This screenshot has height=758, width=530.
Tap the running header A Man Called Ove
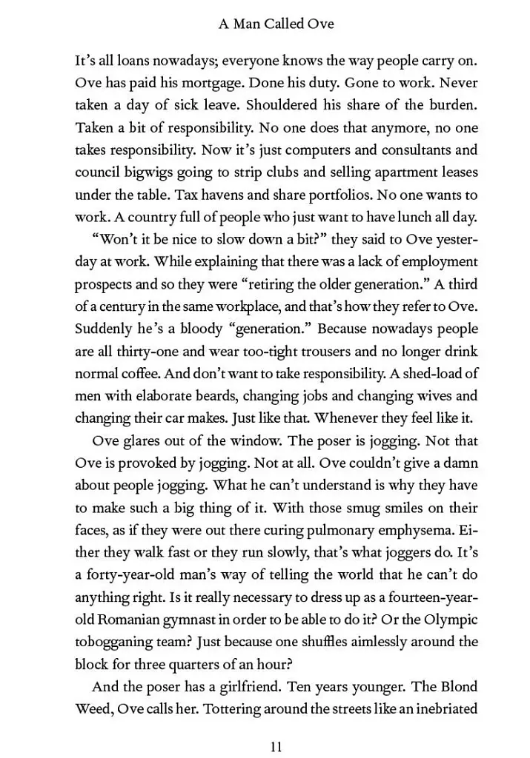point(276,24)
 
